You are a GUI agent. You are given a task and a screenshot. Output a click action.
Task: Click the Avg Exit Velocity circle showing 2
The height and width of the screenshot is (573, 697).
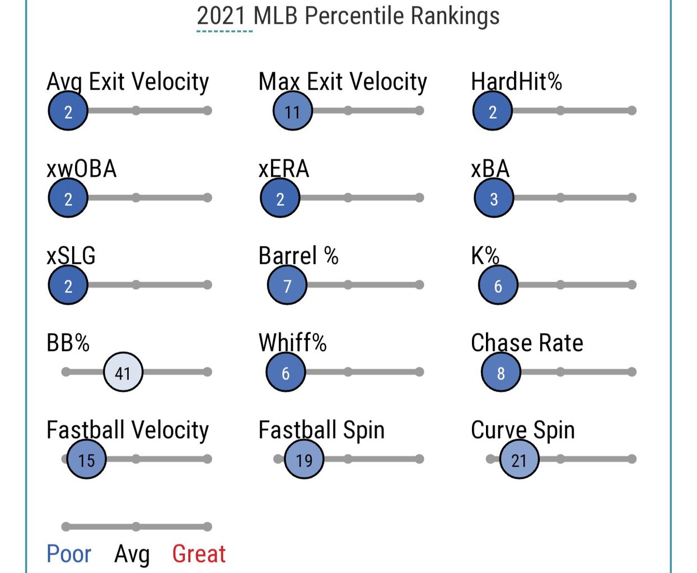click(68, 111)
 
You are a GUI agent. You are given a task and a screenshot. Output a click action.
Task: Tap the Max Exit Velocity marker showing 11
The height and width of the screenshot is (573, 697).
click(292, 111)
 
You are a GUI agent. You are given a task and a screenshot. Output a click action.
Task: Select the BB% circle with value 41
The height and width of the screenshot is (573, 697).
click(123, 372)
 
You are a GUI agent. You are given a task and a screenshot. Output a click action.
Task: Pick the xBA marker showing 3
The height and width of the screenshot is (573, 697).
click(493, 198)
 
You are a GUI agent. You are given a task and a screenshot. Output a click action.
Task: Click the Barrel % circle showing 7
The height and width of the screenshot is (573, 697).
click(287, 285)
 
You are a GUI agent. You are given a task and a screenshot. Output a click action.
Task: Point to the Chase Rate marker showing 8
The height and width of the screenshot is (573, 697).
click(500, 372)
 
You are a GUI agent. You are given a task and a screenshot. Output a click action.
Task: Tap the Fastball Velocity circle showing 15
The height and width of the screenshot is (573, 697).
click(86, 459)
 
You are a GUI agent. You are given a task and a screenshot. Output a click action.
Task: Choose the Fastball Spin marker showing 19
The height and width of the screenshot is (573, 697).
click(304, 459)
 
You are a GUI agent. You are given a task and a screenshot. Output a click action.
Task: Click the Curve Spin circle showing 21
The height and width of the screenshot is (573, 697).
click(519, 459)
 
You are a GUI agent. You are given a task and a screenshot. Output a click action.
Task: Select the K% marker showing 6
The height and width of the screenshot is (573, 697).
click(498, 285)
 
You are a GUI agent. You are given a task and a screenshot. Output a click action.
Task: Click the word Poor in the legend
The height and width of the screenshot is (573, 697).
click(68, 554)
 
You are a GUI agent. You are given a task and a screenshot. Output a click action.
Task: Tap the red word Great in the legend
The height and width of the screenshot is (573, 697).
click(199, 554)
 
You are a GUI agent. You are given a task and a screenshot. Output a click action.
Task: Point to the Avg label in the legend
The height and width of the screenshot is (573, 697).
click(132, 554)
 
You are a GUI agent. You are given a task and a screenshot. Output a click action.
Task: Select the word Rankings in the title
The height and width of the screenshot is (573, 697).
click(455, 16)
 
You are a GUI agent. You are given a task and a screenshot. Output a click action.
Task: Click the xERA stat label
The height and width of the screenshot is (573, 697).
click(284, 168)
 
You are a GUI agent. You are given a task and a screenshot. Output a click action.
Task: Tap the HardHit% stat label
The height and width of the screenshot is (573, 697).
click(516, 82)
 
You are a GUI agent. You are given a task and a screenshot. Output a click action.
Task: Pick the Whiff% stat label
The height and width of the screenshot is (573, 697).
click(292, 342)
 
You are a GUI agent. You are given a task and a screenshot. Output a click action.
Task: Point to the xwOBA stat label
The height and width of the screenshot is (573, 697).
click(82, 168)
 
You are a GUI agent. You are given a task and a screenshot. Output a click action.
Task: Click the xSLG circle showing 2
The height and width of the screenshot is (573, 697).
click(68, 285)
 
